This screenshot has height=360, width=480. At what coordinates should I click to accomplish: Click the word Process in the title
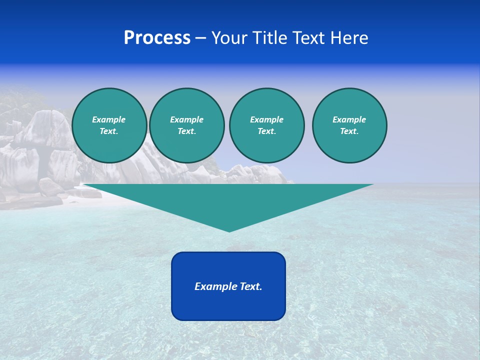coord(157,38)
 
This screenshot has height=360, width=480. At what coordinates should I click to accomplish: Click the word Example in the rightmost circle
coord(349,119)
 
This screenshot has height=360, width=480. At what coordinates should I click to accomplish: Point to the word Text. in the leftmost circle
coord(109,131)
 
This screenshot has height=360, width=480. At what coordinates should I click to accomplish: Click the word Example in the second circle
coord(187,119)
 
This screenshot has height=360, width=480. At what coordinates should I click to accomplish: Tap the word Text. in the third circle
coord(267,131)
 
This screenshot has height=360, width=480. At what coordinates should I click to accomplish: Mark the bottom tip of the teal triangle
coord(229,230)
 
